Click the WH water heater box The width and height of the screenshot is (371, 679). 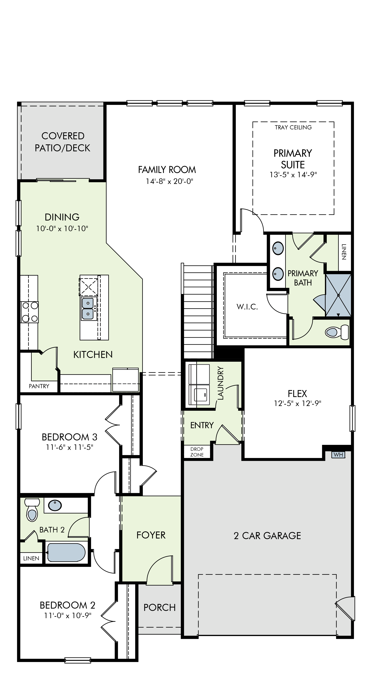[x=338, y=454]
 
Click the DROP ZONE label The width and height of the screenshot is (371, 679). [x=197, y=452]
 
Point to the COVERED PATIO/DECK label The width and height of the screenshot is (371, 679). [x=63, y=142]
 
